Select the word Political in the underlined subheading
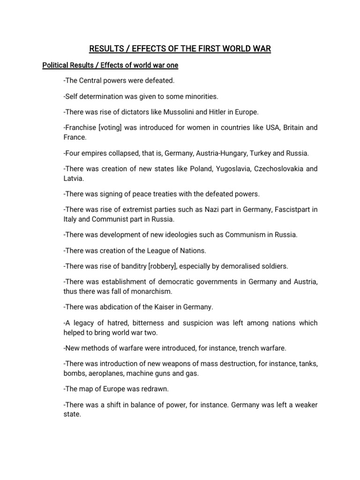click(x=56, y=65)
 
